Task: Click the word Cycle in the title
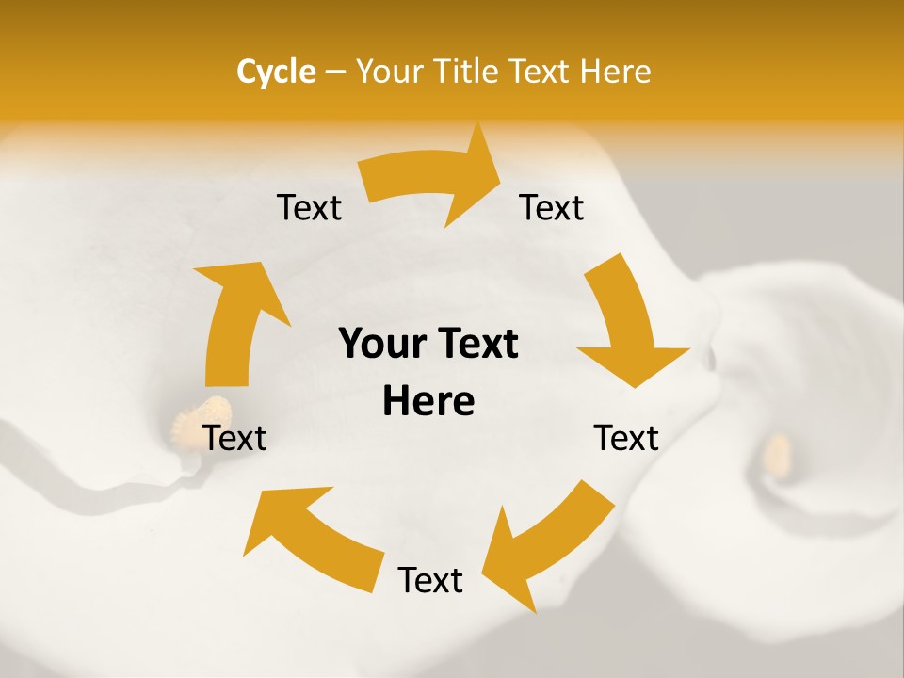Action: [x=276, y=72]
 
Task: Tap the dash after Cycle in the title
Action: [x=335, y=72]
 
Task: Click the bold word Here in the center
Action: [x=428, y=402]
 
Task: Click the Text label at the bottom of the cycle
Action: [x=430, y=580]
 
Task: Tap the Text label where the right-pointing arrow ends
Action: [x=552, y=207]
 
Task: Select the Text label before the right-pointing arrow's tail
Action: [x=309, y=207]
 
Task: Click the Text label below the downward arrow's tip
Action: [x=626, y=438]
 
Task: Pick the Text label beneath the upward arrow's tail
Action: [x=235, y=438]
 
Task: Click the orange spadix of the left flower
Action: [x=202, y=414]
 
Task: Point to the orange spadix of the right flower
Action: [x=776, y=454]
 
